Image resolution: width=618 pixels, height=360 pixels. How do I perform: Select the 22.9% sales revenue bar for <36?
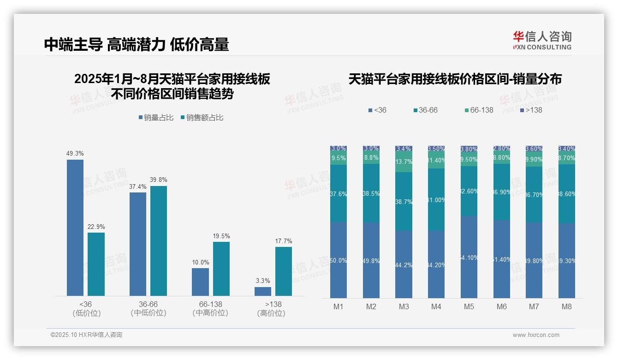[x=96, y=264]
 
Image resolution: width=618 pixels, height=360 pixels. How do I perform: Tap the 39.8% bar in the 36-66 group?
[x=159, y=240]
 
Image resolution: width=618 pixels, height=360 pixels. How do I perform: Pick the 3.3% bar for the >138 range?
[x=263, y=291]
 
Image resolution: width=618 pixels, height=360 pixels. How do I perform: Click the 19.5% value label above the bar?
[x=221, y=236]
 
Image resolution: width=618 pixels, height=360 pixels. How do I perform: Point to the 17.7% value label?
[x=284, y=241]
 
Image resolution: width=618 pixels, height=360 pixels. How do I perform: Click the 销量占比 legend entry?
[x=156, y=118]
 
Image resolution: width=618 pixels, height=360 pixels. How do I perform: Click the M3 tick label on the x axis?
[x=404, y=307]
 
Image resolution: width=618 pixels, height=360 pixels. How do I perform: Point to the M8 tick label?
[x=567, y=307]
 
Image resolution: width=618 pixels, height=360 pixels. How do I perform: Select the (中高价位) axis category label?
[x=210, y=313]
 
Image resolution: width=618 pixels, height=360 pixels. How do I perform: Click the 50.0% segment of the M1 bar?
[x=339, y=260]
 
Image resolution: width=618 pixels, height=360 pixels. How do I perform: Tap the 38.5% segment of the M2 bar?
[x=371, y=193]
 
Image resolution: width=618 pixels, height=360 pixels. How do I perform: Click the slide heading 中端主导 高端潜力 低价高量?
[x=137, y=45]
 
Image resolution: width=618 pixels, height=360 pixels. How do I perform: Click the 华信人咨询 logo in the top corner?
[x=542, y=40]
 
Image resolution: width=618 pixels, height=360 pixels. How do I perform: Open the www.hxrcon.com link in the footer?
[x=536, y=335]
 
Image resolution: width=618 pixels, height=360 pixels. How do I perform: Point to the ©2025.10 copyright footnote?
[x=86, y=335]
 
